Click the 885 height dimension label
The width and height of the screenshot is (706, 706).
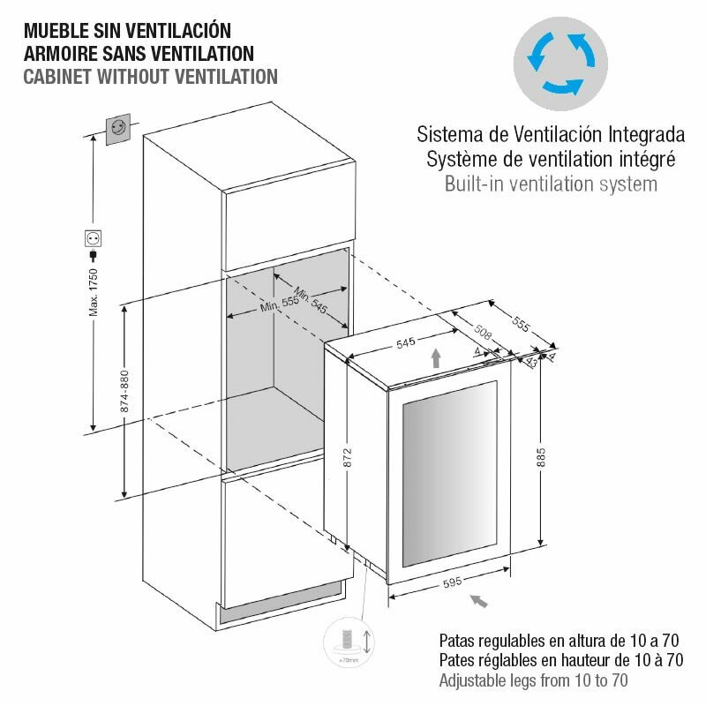tap(541, 457)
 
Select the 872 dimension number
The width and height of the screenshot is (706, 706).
tap(348, 457)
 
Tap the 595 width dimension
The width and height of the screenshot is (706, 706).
tap(452, 582)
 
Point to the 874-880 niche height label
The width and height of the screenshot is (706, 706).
tap(124, 391)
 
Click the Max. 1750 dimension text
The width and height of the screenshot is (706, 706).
tap(94, 292)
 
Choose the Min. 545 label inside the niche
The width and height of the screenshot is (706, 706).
tap(311, 299)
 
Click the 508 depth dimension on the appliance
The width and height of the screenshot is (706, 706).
tap(482, 332)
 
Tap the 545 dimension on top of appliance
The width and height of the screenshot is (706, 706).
tap(406, 343)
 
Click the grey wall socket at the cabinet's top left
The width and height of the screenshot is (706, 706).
tap(118, 129)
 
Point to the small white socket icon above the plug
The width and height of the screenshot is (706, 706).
tap(94, 238)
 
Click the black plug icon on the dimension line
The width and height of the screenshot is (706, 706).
tap(94, 256)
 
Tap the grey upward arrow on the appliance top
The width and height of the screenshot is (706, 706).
tap(435, 358)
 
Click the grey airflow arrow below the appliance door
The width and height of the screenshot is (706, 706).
tap(478, 601)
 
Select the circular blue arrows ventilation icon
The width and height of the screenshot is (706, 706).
tap(560, 64)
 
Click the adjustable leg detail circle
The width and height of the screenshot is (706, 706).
tap(349, 642)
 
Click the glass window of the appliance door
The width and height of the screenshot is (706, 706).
tap(450, 474)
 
